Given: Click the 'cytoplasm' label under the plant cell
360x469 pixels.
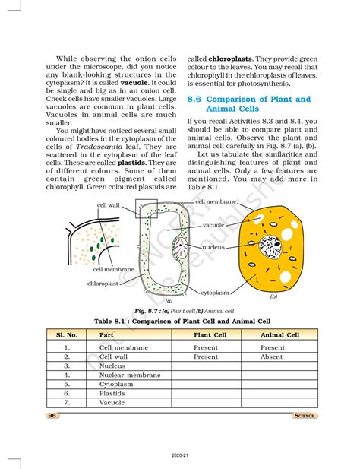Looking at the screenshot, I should (x=216, y=292).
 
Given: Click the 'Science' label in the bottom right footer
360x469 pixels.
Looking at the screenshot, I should (x=305, y=416).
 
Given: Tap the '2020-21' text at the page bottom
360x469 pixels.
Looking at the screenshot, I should (x=181, y=458).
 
